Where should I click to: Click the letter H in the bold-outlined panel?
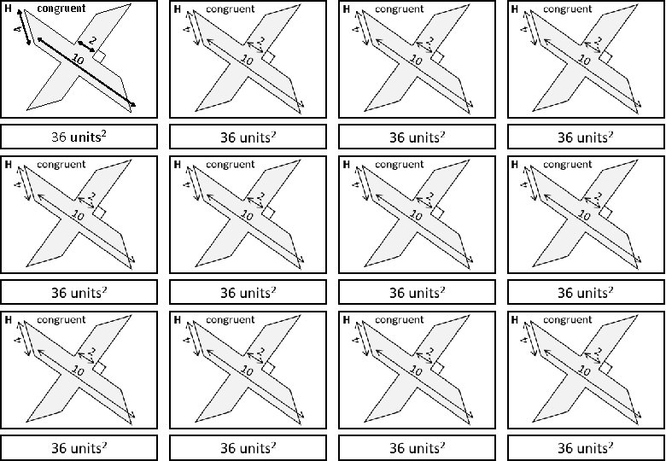(x=8, y=9)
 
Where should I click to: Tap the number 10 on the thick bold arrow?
(x=79, y=60)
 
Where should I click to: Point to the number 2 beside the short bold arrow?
(x=92, y=40)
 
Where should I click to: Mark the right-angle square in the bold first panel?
(x=100, y=56)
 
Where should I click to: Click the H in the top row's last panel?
(x=513, y=9)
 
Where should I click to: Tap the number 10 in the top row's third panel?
(x=416, y=60)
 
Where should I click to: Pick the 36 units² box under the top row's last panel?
(x=585, y=137)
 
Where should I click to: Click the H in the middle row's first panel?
(x=8, y=164)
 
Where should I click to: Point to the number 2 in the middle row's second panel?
(x=260, y=195)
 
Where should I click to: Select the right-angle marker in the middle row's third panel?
(x=437, y=212)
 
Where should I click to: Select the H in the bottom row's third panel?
(x=345, y=320)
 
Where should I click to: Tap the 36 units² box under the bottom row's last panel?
(x=585, y=446)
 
